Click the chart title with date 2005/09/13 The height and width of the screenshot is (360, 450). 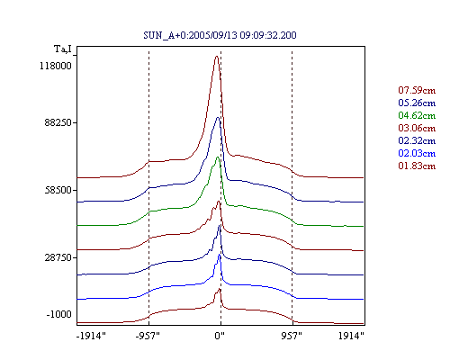(x=220, y=35)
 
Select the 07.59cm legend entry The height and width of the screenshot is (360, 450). (x=417, y=90)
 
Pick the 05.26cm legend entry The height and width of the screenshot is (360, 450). (x=417, y=103)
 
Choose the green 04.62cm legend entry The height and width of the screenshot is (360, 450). (x=417, y=115)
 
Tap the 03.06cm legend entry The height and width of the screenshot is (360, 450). (x=417, y=128)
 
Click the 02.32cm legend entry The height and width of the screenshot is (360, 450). (x=417, y=140)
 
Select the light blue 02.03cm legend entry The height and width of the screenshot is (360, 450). (x=417, y=153)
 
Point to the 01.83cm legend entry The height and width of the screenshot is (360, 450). (x=417, y=166)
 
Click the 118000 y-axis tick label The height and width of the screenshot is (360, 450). (x=56, y=66)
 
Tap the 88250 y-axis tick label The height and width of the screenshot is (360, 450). (x=58, y=122)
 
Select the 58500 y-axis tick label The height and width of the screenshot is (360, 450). (x=58, y=190)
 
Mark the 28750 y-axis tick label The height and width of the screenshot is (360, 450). (x=58, y=257)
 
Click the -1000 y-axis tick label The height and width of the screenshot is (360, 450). (x=58, y=314)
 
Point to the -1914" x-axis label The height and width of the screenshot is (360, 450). (x=91, y=336)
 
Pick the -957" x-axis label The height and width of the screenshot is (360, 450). (x=148, y=336)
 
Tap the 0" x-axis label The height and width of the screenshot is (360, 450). (x=220, y=336)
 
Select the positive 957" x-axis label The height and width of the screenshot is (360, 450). (x=292, y=336)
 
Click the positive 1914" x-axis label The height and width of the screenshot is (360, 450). (x=351, y=336)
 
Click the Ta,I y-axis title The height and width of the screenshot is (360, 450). (x=63, y=49)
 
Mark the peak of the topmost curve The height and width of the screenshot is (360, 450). (x=217, y=56)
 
